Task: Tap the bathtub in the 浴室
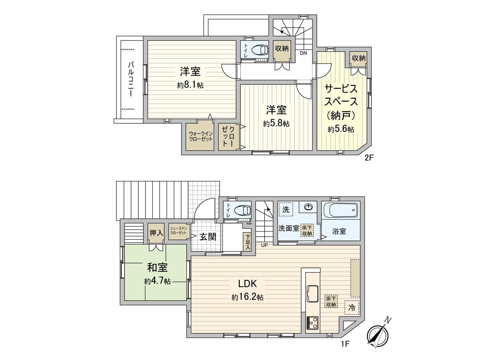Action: point(341,210)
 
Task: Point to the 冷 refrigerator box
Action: point(352,307)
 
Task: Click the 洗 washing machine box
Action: point(286,209)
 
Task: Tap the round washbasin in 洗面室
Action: point(308,207)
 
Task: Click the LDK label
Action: point(247,283)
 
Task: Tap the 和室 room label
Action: point(157,267)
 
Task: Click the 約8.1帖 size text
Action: point(190,85)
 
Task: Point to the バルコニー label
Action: point(131,79)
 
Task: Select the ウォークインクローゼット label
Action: point(201,136)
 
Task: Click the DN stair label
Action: point(303,53)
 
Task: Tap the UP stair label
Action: point(264,245)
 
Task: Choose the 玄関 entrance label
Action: point(208,237)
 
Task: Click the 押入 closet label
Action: point(156,232)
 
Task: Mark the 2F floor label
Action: point(368,158)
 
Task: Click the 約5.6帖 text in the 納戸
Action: point(341,129)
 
